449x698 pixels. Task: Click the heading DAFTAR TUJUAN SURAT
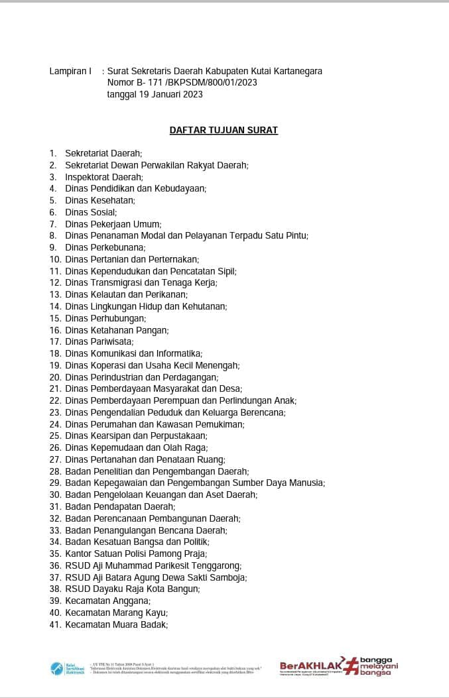coord(224,130)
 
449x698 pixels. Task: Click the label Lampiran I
coord(70,71)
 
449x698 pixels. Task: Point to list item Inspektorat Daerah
coord(103,177)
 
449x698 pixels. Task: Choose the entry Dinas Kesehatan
coord(100,200)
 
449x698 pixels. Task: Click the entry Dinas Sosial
coord(91,212)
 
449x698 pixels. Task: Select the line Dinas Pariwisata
coord(99,341)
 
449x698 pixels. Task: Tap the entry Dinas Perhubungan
coord(105,318)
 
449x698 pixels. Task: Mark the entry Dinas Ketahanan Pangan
coord(117,330)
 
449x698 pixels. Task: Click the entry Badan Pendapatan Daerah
coord(115,506)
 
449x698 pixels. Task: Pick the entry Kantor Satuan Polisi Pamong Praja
coord(136,553)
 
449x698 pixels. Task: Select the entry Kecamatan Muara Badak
coord(116,624)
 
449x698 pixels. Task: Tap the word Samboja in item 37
coord(229,577)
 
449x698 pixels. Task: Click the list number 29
coord(55,483)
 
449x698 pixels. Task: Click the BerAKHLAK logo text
coord(311,666)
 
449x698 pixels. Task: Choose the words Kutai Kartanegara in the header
coord(281,71)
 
